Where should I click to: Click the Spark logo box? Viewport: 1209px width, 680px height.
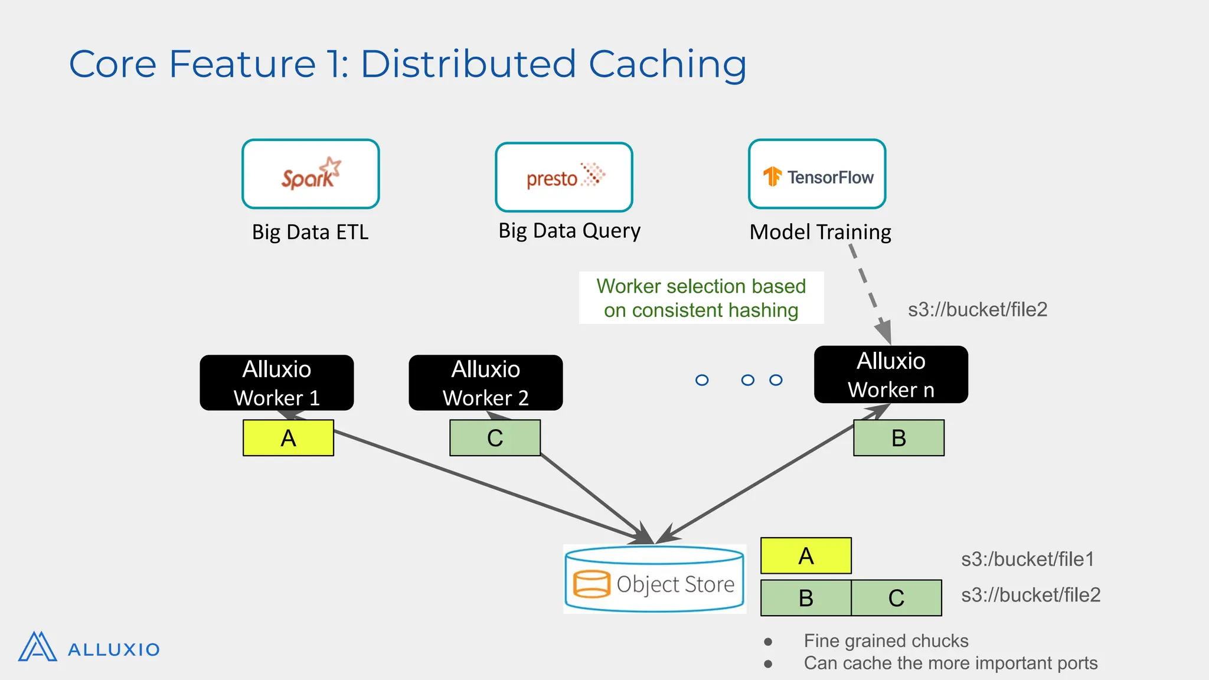[x=311, y=174]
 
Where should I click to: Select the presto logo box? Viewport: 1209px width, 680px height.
[x=564, y=177]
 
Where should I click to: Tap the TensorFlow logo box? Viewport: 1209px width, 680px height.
[x=817, y=174]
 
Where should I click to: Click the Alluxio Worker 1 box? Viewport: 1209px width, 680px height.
[x=277, y=382]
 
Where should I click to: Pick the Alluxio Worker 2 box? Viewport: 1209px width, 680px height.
[x=485, y=382]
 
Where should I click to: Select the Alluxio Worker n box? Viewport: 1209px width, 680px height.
[x=891, y=375]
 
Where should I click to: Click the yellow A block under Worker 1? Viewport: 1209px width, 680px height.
[x=288, y=438]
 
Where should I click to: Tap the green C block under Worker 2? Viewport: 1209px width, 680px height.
[x=495, y=438]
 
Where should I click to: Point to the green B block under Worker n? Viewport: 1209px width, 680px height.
[x=898, y=438]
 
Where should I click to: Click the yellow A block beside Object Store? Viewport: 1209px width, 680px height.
[x=806, y=555]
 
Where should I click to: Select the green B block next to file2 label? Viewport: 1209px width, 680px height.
[x=806, y=598]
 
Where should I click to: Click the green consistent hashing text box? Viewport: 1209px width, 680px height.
[x=701, y=298]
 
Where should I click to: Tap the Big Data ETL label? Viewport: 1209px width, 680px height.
[x=310, y=232]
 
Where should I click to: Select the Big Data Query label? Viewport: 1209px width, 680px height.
[x=569, y=231]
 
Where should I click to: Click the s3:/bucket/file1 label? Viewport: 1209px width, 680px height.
[x=1027, y=559]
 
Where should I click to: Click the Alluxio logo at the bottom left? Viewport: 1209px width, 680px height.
[x=89, y=648]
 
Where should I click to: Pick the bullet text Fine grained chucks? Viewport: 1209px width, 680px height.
[x=885, y=641]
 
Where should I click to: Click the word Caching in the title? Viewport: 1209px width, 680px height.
[x=667, y=64]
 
